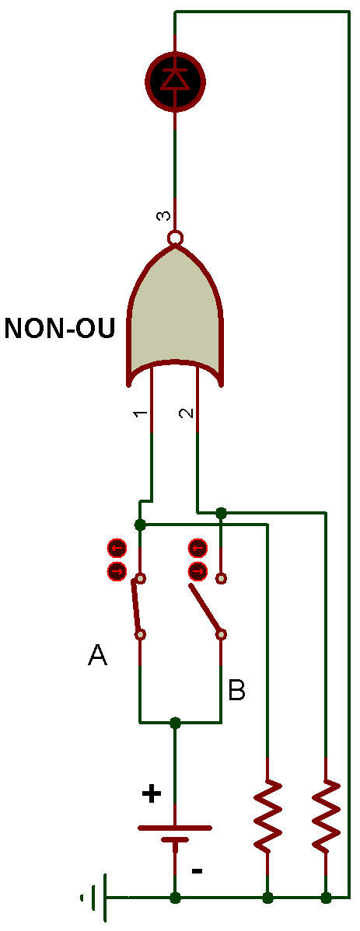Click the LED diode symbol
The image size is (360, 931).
pyautogui.click(x=175, y=79)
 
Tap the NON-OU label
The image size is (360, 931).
pyautogui.click(x=59, y=328)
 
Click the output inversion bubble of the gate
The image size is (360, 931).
pyautogui.click(x=175, y=239)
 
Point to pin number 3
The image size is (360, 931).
pyautogui.click(x=163, y=216)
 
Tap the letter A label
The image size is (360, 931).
pyautogui.click(x=97, y=655)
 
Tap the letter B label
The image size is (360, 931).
pyautogui.click(x=237, y=690)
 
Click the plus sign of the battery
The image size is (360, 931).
pyautogui.click(x=152, y=794)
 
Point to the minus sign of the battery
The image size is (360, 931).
pyautogui.click(x=197, y=871)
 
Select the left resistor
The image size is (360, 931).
pyautogui.click(x=268, y=814)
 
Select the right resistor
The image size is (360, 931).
pyautogui.click(x=326, y=814)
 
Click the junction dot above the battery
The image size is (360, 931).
pyautogui.click(x=175, y=723)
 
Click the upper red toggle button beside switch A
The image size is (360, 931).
pyautogui.click(x=117, y=547)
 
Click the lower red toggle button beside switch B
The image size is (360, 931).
pyautogui.click(x=197, y=572)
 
